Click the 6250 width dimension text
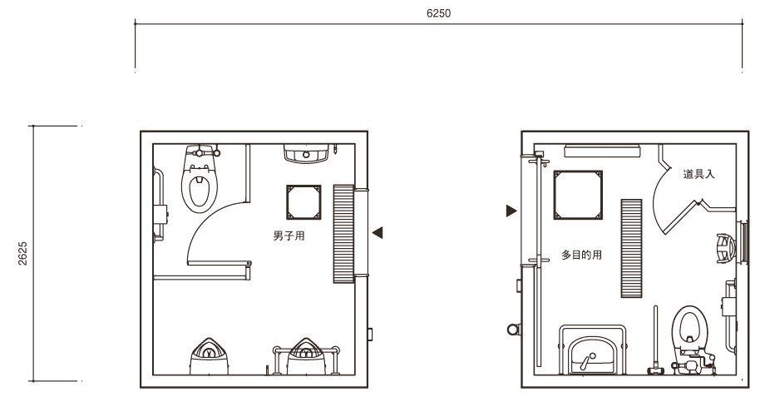click(x=438, y=13)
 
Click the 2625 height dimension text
click(x=23, y=254)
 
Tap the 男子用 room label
click(x=289, y=236)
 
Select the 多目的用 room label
click(x=581, y=255)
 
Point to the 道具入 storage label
click(x=698, y=174)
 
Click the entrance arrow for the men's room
click(x=378, y=233)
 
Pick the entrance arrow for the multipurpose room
click(x=511, y=211)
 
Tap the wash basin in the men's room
click(x=306, y=153)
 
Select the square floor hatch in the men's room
click(x=304, y=202)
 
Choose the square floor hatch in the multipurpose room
click(x=578, y=195)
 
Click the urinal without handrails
click(x=210, y=356)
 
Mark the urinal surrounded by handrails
click(x=306, y=356)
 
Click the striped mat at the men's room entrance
click(x=343, y=233)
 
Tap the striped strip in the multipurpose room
click(x=631, y=248)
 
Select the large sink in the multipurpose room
click(x=592, y=350)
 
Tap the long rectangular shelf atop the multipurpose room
click(x=601, y=151)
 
